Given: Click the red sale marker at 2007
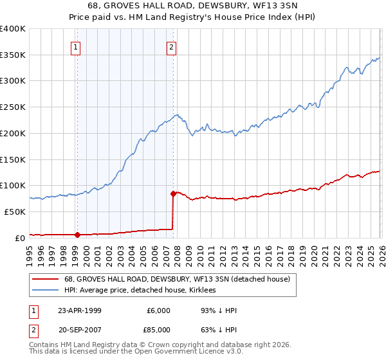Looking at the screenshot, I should tap(173, 193).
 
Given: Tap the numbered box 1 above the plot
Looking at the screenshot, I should tap(76, 46).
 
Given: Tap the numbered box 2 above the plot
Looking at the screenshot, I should tap(172, 46).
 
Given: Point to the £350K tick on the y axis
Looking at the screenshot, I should tap(12, 55).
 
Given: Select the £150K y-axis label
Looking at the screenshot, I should tap(12, 159).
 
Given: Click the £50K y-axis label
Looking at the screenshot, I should tap(15, 211).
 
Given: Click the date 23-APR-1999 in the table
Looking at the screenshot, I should tap(79, 310).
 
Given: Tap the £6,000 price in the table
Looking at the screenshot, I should tap(159, 310).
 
